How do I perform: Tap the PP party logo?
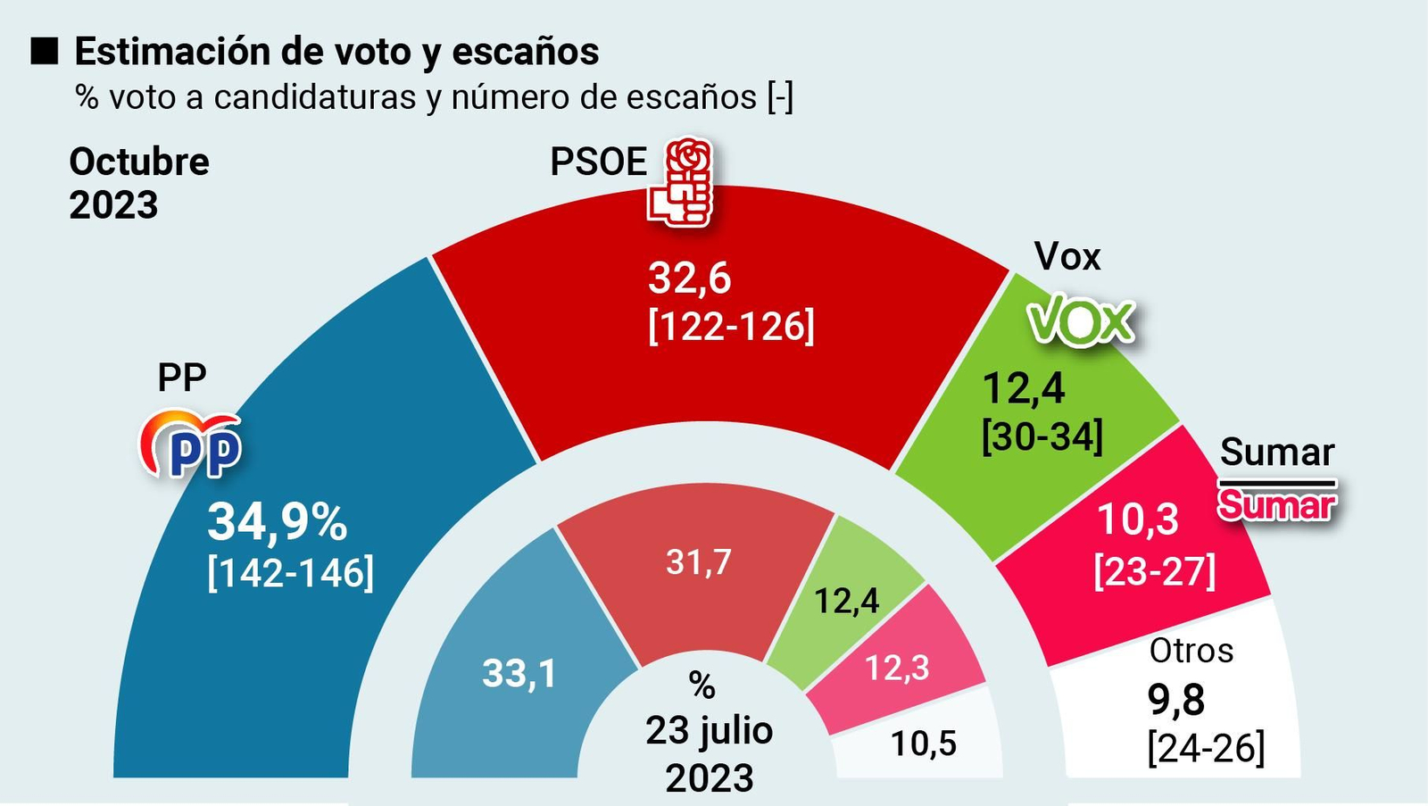pos(191,445)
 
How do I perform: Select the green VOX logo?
pos(1081,321)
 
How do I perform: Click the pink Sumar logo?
pos(1277,504)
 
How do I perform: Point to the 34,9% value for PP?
pos(277,522)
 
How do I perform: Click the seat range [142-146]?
pos(290,572)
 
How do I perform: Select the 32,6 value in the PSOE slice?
pos(689,278)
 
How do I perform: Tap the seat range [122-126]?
pos(731,326)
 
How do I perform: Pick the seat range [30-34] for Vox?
pos(1042,437)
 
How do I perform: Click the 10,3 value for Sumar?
pos(1137,519)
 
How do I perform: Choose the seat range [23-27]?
pos(1155,570)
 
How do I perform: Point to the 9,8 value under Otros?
pos(1175,701)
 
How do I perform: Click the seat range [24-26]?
pos(1206,747)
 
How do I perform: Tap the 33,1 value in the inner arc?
pos(519,673)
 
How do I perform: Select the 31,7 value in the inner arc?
pos(698,562)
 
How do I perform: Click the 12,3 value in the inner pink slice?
pos(897,668)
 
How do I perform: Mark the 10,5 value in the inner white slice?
pos(923,743)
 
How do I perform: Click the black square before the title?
pos(44,52)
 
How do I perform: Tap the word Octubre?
pos(139,162)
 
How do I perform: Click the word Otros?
pos(1191,651)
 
